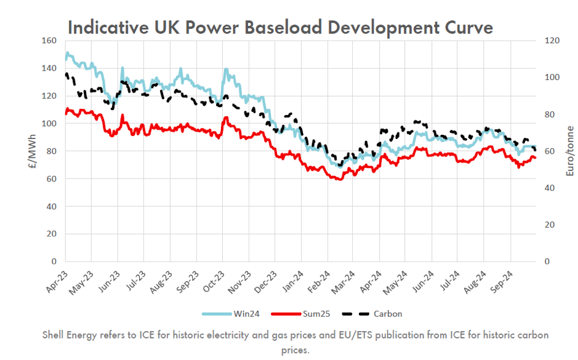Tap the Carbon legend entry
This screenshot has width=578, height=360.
[x=388, y=314]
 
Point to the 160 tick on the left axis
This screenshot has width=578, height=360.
[x=49, y=41]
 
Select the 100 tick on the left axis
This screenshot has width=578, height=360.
[x=49, y=124]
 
